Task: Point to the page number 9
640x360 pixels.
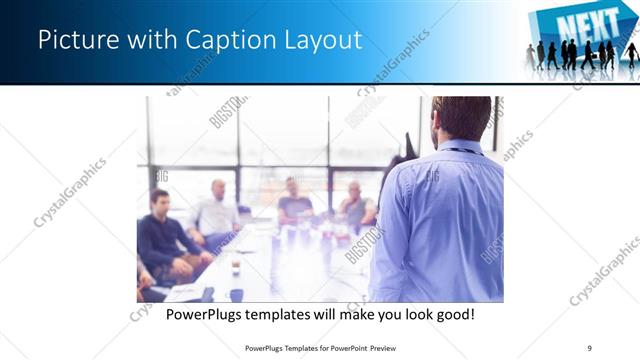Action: pos(590,348)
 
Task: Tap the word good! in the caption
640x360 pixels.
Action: pos(452,315)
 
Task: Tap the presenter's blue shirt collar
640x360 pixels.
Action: pos(461,148)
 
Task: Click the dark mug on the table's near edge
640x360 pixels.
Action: pos(235,294)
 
